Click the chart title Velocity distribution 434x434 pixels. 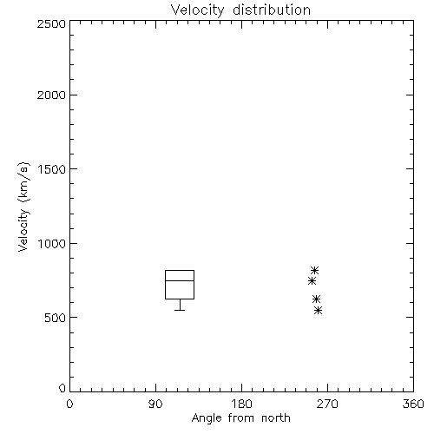pos(240,10)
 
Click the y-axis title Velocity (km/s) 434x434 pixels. pos(23,207)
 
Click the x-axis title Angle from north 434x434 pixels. pos(240,418)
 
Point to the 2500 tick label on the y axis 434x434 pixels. pos(51,23)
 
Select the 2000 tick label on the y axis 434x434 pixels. pos(51,95)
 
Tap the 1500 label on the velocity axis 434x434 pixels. pos(52,169)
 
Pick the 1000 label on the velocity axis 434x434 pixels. pos(52,244)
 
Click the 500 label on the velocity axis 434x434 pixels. pos(56,318)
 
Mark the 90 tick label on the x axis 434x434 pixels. pos(155,404)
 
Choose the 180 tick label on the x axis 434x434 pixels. pos(241,404)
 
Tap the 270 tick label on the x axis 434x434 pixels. pos(327,404)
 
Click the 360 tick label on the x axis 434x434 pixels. pos(413,404)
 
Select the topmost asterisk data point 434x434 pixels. pos(314,271)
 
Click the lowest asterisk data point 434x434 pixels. pos(319,311)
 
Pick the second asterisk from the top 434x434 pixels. pos(312,280)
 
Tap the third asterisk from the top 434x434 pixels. pos(316,299)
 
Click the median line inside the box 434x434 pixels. pos(180,280)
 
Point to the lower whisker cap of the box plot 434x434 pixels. pos(180,310)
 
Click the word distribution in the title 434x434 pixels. pos(272,10)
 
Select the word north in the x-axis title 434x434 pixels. pos(276,418)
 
